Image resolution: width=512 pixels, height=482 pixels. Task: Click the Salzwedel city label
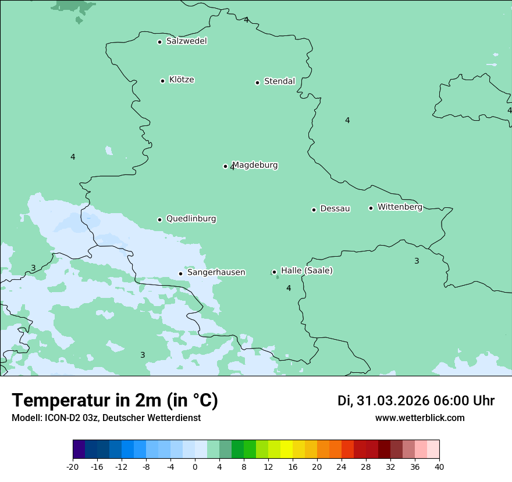pos(186,41)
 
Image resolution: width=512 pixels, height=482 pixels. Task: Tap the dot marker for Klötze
pos(162,81)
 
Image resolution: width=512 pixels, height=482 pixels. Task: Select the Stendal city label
pos(279,81)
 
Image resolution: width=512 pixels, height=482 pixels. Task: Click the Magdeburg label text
pos(255,165)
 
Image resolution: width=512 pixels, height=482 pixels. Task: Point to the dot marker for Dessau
pos(314,210)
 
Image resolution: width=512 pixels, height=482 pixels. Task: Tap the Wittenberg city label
pos(400,207)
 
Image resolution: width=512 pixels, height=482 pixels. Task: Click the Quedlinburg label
pos(191,219)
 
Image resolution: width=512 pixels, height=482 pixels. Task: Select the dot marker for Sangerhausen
pos(180,274)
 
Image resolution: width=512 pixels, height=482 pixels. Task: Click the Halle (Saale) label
pos(307,271)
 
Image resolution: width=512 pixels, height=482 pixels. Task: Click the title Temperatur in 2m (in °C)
pos(115,401)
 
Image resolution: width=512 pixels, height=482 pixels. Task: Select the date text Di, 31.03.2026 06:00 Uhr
pos(415,401)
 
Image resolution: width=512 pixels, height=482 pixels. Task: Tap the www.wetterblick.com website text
pos(419,418)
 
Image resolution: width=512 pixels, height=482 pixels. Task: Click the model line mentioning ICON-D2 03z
pos(106,418)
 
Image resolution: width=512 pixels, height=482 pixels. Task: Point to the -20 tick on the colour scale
pos(73,467)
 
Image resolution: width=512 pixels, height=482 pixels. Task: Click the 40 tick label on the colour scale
pos(439,467)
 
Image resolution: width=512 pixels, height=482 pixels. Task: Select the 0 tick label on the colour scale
pos(195,467)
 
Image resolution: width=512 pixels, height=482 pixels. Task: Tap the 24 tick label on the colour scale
pos(342,467)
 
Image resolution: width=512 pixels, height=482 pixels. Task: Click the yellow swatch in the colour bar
pos(286,449)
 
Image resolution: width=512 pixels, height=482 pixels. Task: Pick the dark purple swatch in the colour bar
pos(79,449)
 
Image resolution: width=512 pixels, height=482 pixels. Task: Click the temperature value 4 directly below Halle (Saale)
pos(289,288)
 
